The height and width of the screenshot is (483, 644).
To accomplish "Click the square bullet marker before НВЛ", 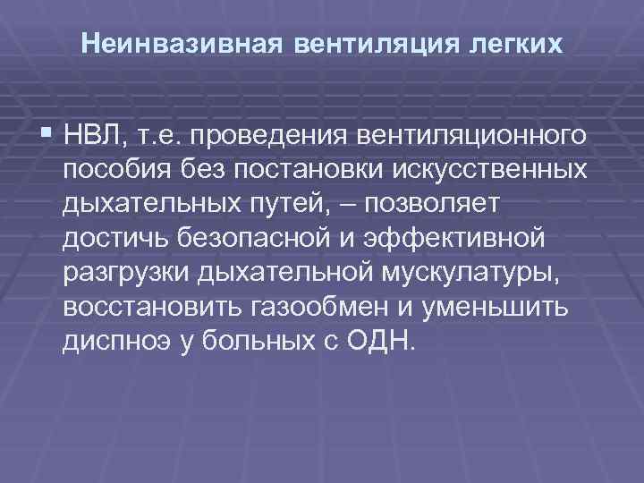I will coord(47,134).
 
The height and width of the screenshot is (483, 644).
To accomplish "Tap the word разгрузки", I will coord(124,274).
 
